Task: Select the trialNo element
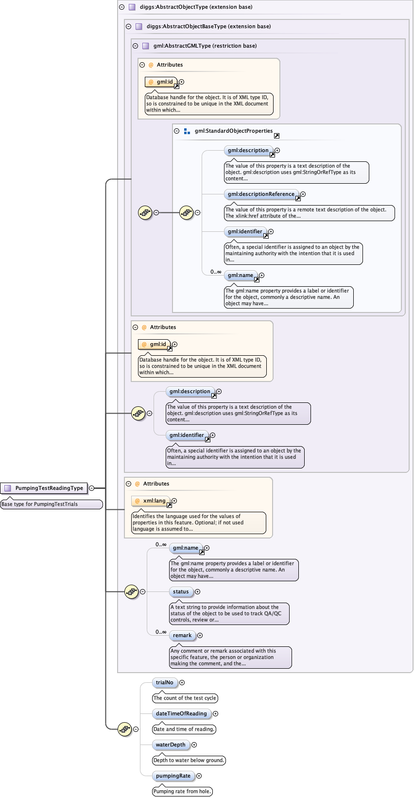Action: pos(164,682)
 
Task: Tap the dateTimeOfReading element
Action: pos(181,713)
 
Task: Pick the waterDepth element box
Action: pos(171,745)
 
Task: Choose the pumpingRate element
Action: pos(173,776)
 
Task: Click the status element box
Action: pos(181,591)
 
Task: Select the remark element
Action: pos(182,635)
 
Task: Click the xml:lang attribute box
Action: pos(151,501)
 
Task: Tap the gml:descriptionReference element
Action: pos(261,194)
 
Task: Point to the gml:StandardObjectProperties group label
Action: pos(233,131)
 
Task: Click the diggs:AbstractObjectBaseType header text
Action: pos(208,26)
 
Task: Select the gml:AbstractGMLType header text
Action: pos(205,46)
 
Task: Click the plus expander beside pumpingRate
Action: pos(199,776)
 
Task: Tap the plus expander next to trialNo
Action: pos(182,682)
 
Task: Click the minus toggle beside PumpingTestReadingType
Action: pos(91,488)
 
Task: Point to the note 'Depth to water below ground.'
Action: pos(189,760)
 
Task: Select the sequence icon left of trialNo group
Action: pos(125,729)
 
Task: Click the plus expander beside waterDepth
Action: pos(194,745)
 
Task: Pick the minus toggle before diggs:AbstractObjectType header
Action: pos(121,7)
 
